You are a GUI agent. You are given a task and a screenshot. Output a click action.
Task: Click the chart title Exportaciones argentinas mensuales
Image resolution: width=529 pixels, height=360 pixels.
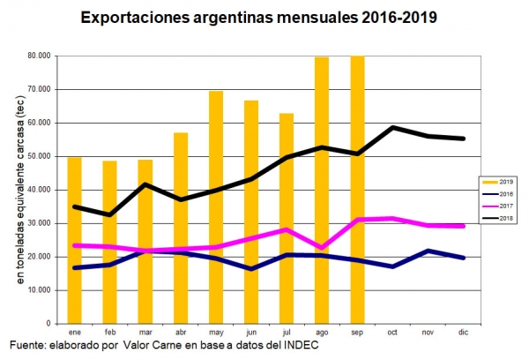(258, 17)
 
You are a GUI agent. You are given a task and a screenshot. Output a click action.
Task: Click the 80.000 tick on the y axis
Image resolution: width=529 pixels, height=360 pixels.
(38, 56)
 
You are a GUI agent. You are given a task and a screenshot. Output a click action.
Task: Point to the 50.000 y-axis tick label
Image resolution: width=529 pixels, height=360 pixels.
(38, 156)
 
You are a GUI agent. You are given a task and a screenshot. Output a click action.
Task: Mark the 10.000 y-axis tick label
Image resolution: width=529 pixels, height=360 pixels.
(38, 290)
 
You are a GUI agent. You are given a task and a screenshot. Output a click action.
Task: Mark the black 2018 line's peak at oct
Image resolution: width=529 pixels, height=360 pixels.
(392, 128)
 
